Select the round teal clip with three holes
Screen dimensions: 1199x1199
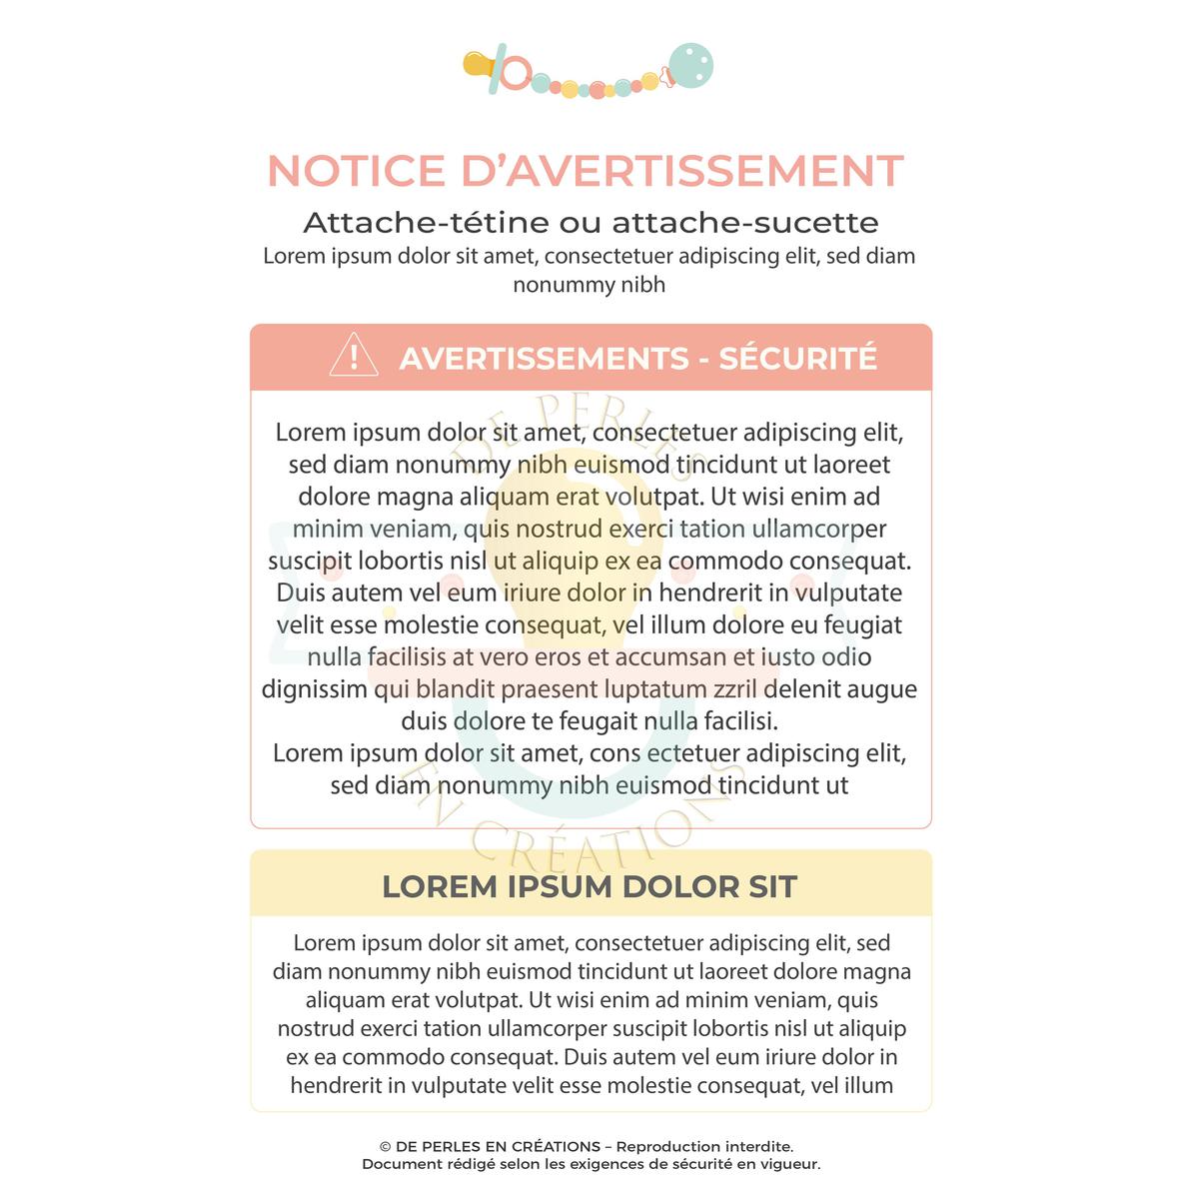pos(689,66)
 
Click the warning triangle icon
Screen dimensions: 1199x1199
pos(354,356)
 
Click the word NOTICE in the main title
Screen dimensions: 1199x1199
pos(356,171)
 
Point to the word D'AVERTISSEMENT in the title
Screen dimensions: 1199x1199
pos(682,171)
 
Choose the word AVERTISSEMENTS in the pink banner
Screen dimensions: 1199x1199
pos(545,358)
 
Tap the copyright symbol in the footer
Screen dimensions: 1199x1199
pos(385,1147)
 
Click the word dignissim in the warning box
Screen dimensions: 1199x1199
pos(314,688)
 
